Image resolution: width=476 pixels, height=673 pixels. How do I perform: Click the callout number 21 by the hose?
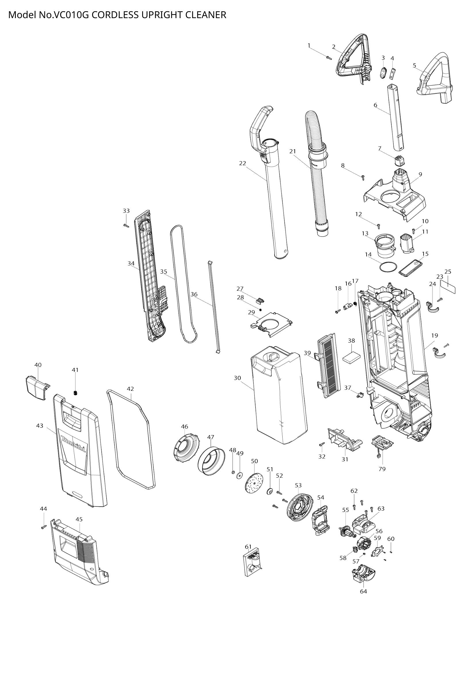pyautogui.click(x=292, y=151)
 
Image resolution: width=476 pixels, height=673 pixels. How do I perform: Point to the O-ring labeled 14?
pyautogui.click(x=388, y=267)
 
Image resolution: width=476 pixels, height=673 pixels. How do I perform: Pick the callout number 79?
pyautogui.click(x=382, y=469)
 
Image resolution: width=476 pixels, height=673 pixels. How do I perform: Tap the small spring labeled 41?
pyautogui.click(x=75, y=393)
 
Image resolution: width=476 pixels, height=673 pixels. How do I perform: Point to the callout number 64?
pyautogui.click(x=363, y=591)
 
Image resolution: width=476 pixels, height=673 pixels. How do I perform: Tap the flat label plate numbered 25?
pyautogui.click(x=448, y=286)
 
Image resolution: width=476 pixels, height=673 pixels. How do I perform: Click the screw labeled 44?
pyautogui.click(x=44, y=527)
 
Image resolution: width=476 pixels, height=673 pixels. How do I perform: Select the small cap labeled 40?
pyautogui.click(x=37, y=387)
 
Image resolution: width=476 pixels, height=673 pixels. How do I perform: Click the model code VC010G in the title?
pyautogui.click(x=71, y=15)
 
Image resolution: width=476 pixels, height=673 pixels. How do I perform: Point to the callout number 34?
pyautogui.click(x=131, y=264)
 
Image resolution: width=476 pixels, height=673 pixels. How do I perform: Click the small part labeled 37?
pyautogui.click(x=360, y=394)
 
